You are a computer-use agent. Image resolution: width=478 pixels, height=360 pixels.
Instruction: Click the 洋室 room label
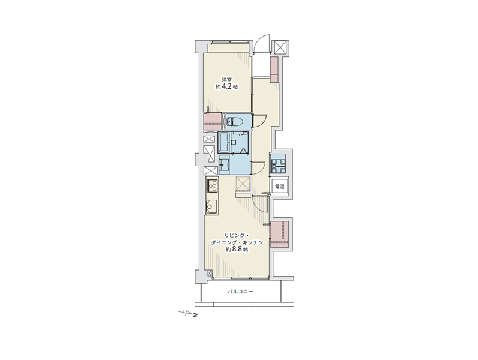point(226,80)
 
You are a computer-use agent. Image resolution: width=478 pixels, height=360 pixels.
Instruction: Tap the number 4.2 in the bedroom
point(226,87)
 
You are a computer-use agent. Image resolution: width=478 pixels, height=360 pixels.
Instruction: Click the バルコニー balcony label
point(240,292)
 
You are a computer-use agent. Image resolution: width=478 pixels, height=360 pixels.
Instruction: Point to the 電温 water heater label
point(280,187)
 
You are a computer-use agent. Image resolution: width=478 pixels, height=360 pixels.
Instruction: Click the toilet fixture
point(234,122)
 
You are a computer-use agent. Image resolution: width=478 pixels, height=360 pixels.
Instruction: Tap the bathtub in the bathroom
point(225,142)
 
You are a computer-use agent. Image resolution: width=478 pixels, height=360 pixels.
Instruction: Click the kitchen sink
point(211,207)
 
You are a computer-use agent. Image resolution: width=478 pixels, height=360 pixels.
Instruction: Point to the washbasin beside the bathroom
point(225,165)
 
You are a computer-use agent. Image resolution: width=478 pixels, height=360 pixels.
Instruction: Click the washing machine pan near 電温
point(278,164)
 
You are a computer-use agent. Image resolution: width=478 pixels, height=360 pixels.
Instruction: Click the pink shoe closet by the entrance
point(274,70)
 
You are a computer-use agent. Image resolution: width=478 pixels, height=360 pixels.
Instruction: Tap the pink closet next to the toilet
point(213,122)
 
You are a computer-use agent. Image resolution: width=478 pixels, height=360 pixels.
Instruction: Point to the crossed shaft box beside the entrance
point(280,48)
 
